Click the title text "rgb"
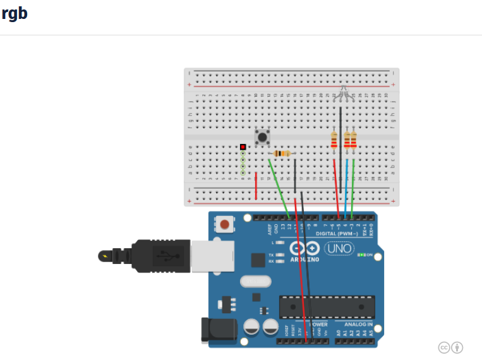pyautogui.click(x=15, y=13)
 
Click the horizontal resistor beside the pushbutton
pyautogui.click(x=282, y=153)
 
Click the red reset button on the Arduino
pyautogui.click(x=225, y=224)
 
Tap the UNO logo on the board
pyautogui.click(x=339, y=248)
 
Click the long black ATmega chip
pyautogui.click(x=327, y=307)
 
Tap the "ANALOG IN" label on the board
pyautogui.click(x=358, y=325)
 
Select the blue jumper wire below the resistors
pyautogui.click(x=346, y=183)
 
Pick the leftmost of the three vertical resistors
pyautogui.click(x=334, y=140)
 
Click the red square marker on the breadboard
pyautogui.click(x=243, y=147)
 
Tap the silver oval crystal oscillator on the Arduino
pyautogui.click(x=255, y=281)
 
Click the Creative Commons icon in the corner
pyautogui.click(x=445, y=347)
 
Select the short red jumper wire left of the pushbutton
pyautogui.click(x=256, y=186)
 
